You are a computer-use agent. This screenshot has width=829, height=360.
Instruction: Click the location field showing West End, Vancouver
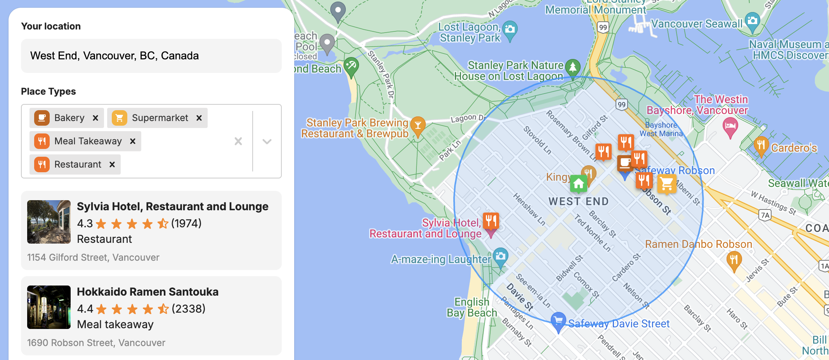(x=151, y=56)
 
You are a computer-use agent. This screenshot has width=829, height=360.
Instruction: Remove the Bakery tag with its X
(x=95, y=118)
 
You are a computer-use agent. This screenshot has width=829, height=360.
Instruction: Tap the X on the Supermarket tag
(x=199, y=118)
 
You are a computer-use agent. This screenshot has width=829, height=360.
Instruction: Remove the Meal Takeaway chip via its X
(x=133, y=141)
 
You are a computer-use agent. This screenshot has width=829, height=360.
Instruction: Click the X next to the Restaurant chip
(x=112, y=164)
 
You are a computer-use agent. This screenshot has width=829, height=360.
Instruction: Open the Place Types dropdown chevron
(x=267, y=142)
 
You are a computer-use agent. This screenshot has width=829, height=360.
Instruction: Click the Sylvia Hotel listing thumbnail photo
(x=49, y=222)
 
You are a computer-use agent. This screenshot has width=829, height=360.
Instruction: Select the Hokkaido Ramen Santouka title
(x=147, y=292)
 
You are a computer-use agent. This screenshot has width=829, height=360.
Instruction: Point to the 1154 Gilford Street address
(x=93, y=258)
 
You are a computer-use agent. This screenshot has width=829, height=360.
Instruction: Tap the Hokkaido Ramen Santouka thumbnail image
(x=49, y=307)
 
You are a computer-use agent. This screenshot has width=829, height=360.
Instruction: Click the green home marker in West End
(x=578, y=183)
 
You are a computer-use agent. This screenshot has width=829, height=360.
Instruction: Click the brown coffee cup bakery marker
(x=625, y=163)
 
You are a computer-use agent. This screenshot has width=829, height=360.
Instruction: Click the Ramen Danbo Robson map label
(x=698, y=244)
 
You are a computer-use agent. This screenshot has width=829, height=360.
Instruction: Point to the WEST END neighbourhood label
(x=578, y=202)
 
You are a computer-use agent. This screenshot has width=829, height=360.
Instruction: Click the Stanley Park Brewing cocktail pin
(x=418, y=125)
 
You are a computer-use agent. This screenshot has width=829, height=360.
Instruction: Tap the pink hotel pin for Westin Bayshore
(x=730, y=126)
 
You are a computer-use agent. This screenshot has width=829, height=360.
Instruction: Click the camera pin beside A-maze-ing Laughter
(x=501, y=256)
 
